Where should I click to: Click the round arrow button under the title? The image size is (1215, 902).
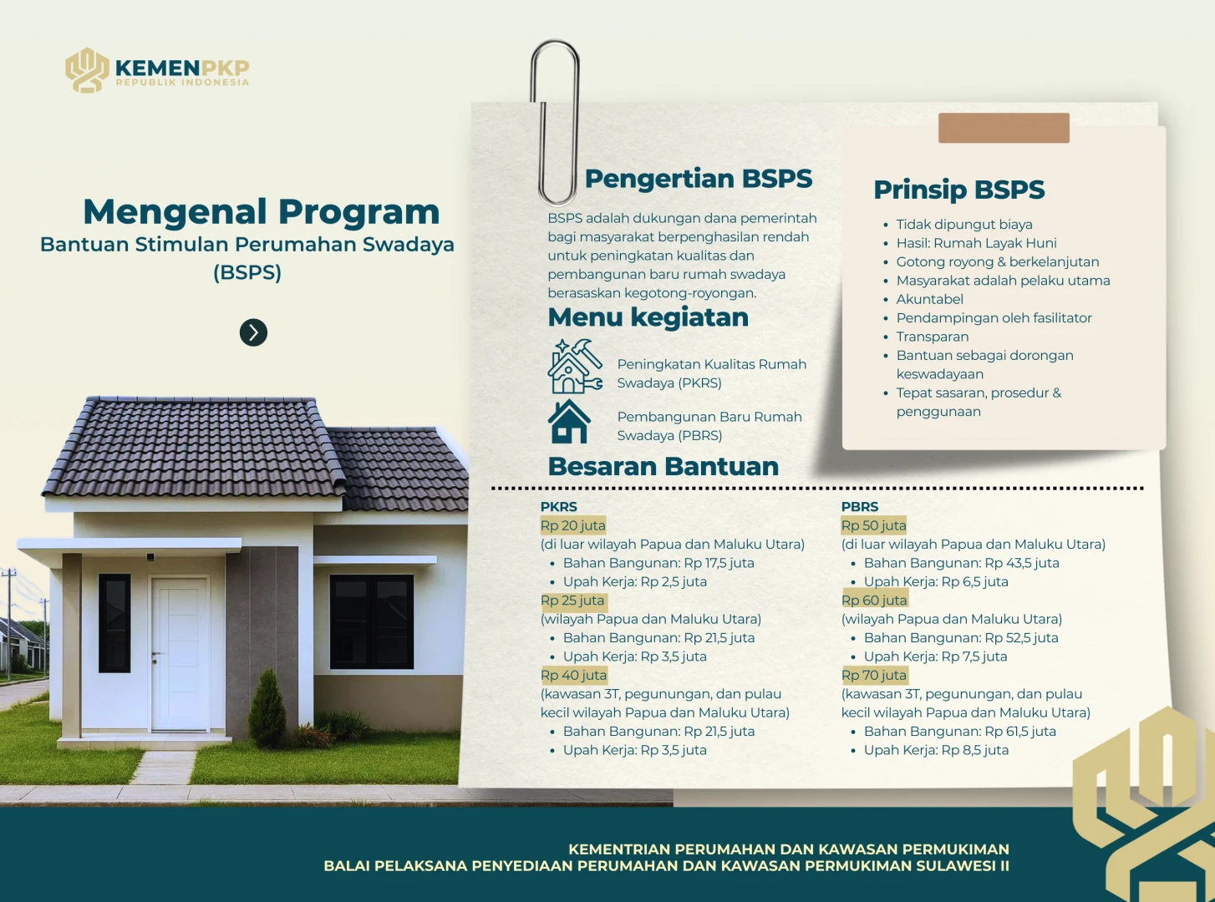pos(253,332)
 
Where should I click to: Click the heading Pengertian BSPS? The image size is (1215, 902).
pos(699,179)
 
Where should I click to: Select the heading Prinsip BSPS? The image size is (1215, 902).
pos(958,190)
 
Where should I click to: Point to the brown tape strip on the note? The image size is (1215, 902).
pos(1004,128)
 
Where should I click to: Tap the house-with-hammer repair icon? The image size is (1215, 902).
pos(575,366)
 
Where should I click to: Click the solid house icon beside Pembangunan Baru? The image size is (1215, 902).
pos(569,421)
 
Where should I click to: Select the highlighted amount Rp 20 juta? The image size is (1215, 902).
pos(573,525)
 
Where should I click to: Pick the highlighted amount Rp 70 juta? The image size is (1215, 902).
pos(874,676)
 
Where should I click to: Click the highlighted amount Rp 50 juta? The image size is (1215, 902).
pos(874,525)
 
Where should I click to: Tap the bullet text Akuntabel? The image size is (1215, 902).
pos(929,299)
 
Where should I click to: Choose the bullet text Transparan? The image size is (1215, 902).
pos(933,337)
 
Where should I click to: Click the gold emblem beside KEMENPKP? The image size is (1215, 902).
pos(87,70)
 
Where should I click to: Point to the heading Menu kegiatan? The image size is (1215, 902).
pos(648,317)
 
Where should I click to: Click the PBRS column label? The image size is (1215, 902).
pos(860,507)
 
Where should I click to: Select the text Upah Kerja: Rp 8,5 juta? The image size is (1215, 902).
pos(936,750)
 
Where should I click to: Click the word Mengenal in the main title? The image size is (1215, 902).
pos(175,212)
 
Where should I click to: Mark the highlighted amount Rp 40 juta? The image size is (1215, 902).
pos(573,676)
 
